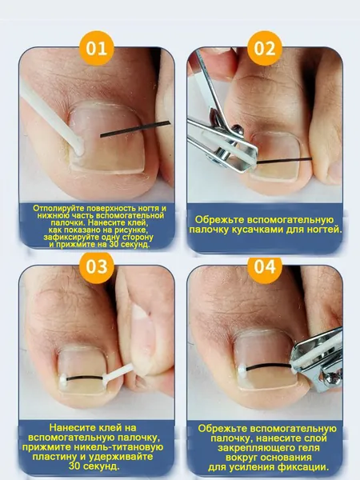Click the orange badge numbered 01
pyautogui.click(x=97, y=48)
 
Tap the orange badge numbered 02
pyautogui.click(x=265, y=48)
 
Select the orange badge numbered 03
pyautogui.click(x=97, y=266)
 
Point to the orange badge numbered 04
pyautogui.click(x=265, y=266)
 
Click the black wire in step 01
pyautogui.click(x=135, y=129)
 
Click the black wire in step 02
pyautogui.click(x=284, y=161)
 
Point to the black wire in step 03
pyautogui.click(x=85, y=378)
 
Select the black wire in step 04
pyautogui.click(x=269, y=366)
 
